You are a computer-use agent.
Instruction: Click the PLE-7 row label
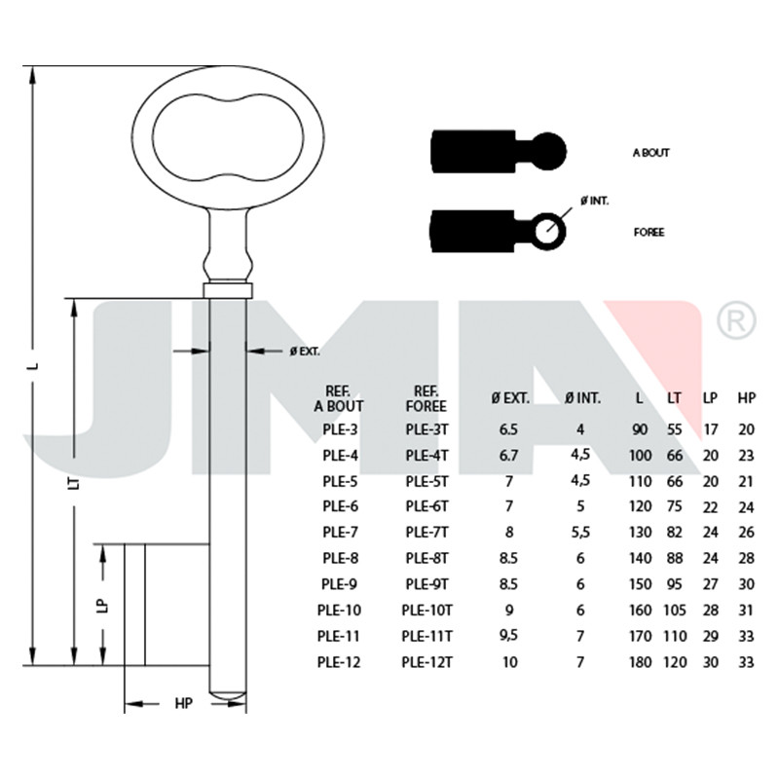[x=340, y=532]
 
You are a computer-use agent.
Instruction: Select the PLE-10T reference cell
[x=427, y=611]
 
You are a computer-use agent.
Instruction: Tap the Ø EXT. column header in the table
[x=510, y=398]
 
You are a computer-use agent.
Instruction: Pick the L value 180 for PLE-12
[x=640, y=662]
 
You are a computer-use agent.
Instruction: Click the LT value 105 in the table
[x=675, y=611]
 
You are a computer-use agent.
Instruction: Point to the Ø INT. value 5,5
[x=580, y=532]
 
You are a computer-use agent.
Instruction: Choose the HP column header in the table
[x=746, y=398]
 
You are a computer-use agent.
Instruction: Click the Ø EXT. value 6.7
[x=508, y=456]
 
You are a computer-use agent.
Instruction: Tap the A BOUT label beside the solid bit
[x=650, y=153]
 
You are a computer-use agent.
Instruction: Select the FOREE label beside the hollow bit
[x=649, y=233]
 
